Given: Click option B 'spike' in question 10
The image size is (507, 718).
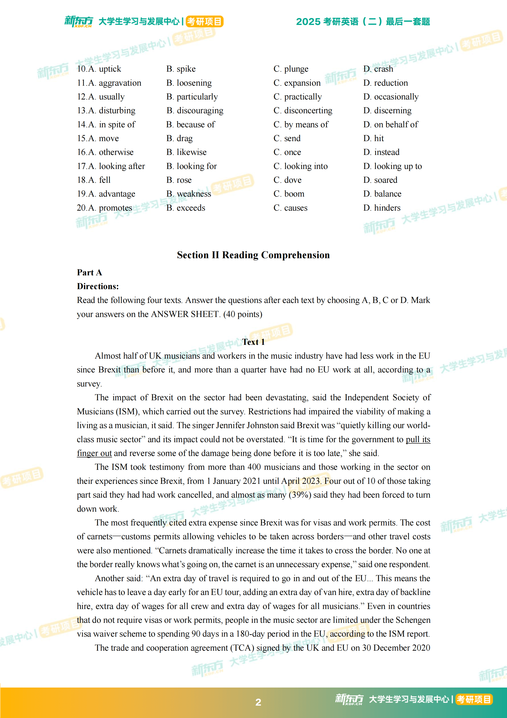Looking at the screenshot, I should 181,69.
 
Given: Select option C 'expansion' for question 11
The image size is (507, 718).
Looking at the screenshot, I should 297,83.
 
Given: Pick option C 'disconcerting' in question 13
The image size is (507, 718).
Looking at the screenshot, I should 303,110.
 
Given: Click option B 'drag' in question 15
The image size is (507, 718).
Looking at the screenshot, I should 179,138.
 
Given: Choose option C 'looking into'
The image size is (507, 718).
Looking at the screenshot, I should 300,166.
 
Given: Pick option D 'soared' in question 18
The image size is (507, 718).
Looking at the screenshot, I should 380,180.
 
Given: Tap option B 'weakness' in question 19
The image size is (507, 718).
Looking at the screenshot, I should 189,194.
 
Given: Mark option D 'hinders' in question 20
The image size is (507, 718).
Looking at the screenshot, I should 382,208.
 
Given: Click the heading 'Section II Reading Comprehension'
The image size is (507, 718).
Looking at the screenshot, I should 253,255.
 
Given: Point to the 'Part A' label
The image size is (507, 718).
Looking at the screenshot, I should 89,272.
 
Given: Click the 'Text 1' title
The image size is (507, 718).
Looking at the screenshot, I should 253,342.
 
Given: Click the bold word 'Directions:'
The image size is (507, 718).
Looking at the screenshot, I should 98,286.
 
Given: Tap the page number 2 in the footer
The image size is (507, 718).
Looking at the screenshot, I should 258,702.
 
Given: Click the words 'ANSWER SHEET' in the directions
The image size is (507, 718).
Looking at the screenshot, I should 184,314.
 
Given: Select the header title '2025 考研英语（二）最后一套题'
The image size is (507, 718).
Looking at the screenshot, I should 363,22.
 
